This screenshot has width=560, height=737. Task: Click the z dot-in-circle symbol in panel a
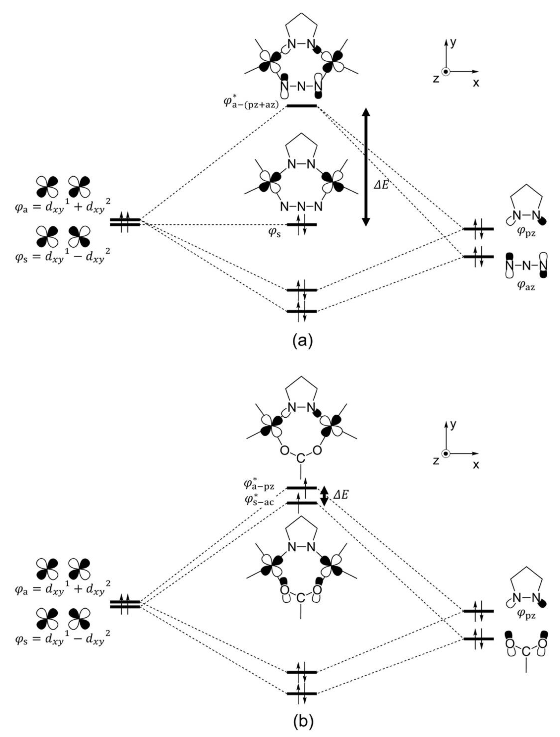click(446, 72)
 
